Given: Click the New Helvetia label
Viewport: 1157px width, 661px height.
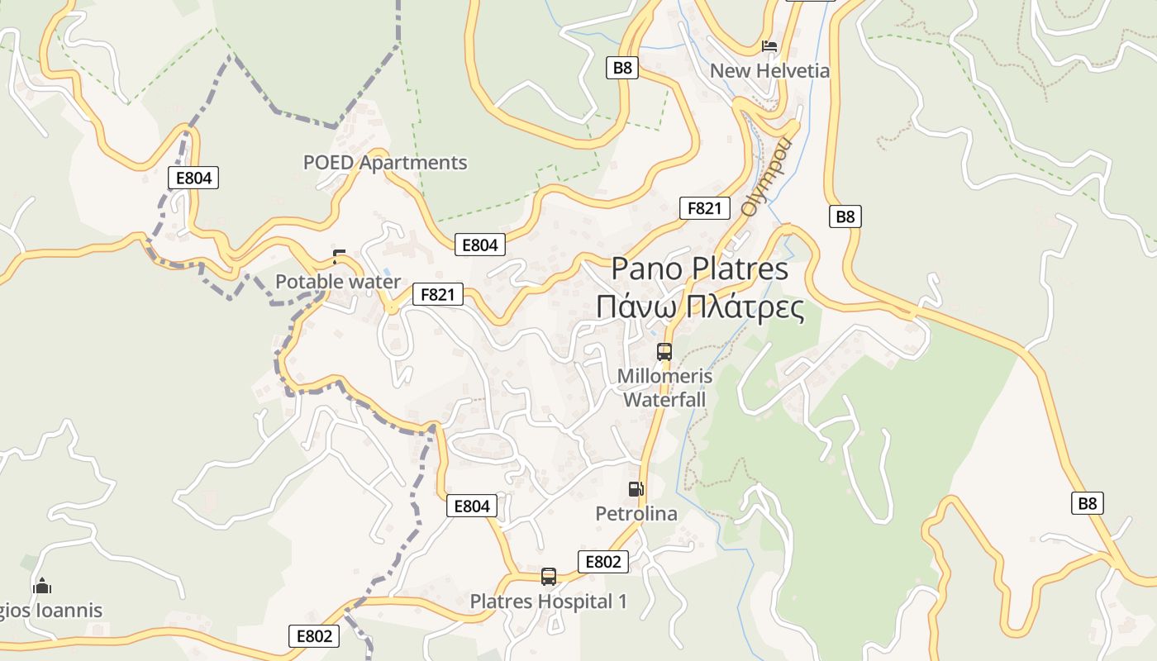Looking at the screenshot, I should [769, 71].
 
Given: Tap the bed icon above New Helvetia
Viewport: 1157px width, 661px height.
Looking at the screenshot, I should [769, 46].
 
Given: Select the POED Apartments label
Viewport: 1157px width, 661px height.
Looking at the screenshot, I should [385, 163].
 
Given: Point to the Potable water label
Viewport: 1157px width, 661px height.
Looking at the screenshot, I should [337, 282].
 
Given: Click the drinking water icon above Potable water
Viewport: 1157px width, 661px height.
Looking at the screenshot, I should [339, 256].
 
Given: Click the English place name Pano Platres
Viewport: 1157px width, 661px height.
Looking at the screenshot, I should [700, 269].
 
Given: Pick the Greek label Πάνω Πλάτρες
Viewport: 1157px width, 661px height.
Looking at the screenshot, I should [700, 307].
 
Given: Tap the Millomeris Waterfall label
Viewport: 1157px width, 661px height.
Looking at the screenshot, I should [664, 388].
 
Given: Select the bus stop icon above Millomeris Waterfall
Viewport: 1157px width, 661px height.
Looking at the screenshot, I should [664, 352].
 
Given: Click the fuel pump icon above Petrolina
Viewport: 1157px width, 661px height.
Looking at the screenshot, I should [636, 489].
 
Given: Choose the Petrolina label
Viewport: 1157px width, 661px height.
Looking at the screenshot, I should [636, 514].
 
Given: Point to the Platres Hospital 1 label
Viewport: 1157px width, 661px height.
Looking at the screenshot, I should [549, 602].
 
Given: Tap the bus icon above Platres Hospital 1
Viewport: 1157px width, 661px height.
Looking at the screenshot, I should [549, 577].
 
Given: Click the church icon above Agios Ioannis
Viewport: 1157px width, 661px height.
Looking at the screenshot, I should [42, 587].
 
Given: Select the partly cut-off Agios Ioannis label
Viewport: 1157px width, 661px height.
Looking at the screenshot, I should [51, 611].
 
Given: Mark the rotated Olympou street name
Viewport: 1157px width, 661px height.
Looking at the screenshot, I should [766, 177].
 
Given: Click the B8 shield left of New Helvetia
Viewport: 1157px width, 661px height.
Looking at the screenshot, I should [622, 68].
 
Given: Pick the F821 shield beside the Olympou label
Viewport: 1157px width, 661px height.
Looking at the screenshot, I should [705, 208].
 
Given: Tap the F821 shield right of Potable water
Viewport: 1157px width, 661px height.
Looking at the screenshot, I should [438, 294].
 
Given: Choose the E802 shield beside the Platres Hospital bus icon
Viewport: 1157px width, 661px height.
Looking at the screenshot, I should [602, 562].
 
